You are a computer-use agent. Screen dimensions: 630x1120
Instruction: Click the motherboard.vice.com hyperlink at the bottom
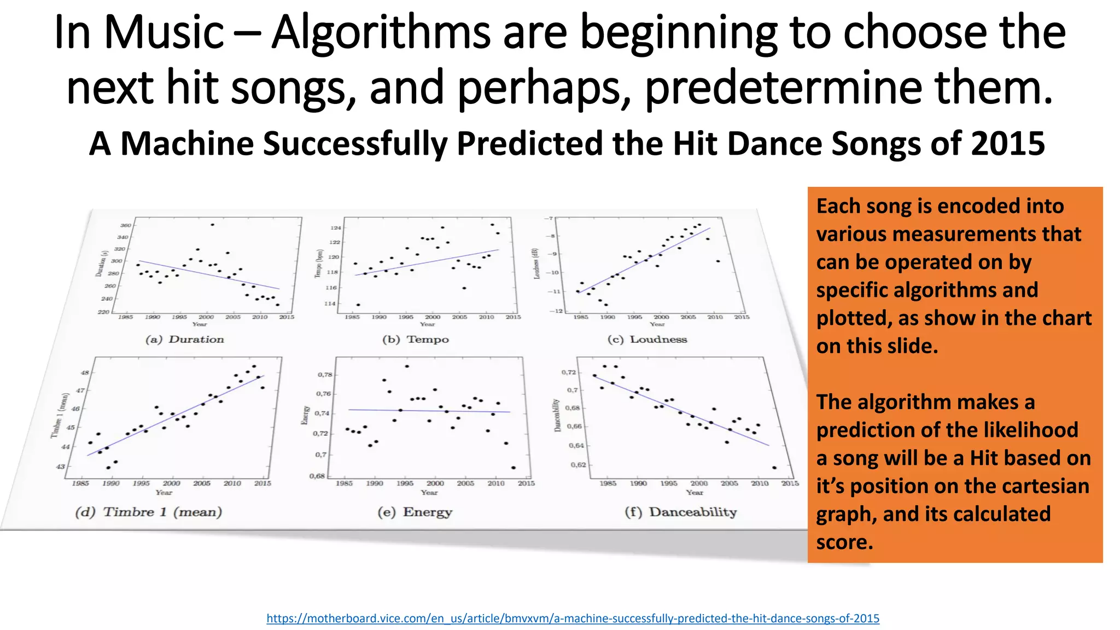[573, 619]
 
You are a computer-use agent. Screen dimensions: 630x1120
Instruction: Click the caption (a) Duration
[185, 340]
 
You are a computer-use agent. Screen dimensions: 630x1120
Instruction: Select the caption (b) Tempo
[416, 340]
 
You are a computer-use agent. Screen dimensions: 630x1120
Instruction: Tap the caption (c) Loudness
[647, 340]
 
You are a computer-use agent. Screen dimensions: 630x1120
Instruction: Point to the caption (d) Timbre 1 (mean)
[149, 512]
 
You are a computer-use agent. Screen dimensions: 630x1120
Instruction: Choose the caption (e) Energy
[415, 512]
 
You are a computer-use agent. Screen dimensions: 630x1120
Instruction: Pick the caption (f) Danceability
[681, 512]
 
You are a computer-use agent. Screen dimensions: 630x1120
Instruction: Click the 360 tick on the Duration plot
[125, 225]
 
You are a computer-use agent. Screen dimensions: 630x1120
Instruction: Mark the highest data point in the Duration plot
[212, 225]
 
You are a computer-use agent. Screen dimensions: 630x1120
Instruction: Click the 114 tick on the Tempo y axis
[329, 304]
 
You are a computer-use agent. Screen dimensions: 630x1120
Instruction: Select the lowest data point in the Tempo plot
[358, 305]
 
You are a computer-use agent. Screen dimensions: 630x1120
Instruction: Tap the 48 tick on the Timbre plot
[85, 373]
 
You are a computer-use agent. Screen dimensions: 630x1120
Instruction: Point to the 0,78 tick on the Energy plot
[325, 375]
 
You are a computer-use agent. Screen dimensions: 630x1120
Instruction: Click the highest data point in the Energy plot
[407, 366]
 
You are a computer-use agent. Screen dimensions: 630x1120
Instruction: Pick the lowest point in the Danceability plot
[774, 468]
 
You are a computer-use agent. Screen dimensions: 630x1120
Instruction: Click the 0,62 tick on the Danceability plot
[578, 465]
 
